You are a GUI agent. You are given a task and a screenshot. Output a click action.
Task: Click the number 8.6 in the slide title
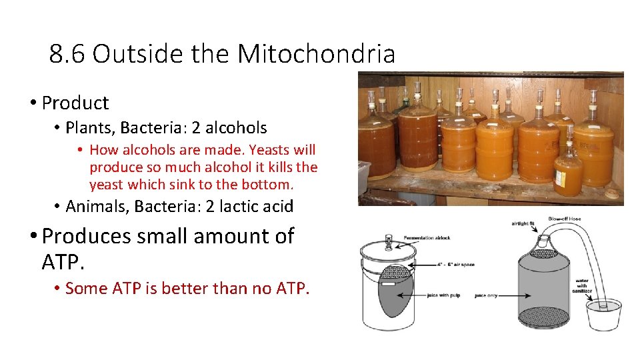tap(68, 54)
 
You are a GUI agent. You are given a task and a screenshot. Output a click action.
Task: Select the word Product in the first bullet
tap(75, 103)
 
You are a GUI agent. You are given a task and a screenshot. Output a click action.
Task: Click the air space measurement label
tap(457, 265)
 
